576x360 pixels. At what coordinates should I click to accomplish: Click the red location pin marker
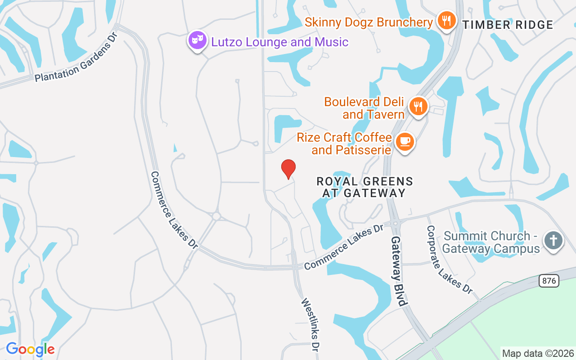[x=288, y=169]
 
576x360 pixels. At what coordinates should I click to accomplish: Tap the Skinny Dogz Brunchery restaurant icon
[x=446, y=21]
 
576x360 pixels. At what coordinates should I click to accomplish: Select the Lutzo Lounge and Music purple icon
[x=197, y=40]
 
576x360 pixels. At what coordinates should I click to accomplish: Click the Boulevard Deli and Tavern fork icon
[x=418, y=107]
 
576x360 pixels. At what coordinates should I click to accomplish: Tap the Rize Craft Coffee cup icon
[x=405, y=142]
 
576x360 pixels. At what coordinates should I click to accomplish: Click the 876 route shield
[x=549, y=281]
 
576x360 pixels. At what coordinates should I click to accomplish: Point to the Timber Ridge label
[x=508, y=25]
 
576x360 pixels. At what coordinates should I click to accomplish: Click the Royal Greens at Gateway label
[x=364, y=187]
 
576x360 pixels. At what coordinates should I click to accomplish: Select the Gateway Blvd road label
[x=399, y=271]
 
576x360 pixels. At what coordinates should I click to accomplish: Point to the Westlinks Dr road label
[x=310, y=324]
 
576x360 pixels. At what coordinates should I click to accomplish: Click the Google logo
[x=30, y=349]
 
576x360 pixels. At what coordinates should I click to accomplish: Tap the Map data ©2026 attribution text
[x=538, y=353]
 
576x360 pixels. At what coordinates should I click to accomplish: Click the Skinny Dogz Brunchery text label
[x=369, y=22]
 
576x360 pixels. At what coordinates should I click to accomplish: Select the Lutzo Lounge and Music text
[x=280, y=42]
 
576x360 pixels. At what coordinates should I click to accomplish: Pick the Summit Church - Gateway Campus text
[x=491, y=242]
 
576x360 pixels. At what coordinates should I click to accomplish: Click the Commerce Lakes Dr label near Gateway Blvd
[x=343, y=248]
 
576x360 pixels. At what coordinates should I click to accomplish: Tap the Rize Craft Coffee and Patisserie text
[x=344, y=143]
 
